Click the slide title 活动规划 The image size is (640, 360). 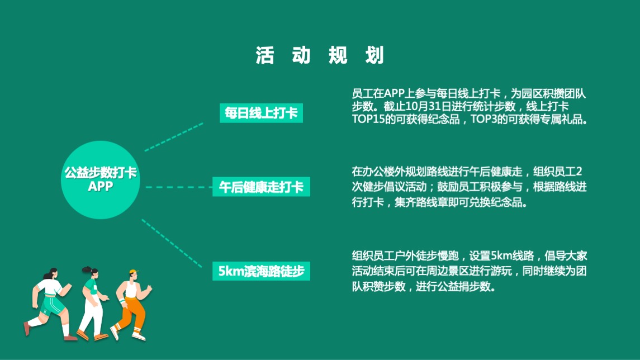click(x=320, y=56)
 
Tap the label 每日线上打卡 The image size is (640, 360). click(x=260, y=113)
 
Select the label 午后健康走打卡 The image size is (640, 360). click(x=260, y=187)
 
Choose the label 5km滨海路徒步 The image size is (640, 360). click(x=261, y=272)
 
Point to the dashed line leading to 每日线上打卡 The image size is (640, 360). click(x=174, y=137)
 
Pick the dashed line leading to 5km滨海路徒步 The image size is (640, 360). click(x=172, y=242)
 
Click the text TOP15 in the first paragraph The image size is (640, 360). click(x=367, y=119)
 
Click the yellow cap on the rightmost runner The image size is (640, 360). click(x=134, y=273)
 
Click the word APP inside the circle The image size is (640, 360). click(x=100, y=187)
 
